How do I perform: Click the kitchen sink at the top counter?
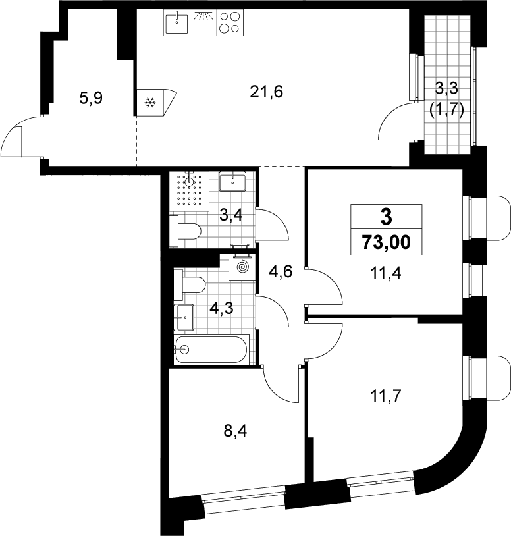click(176, 22)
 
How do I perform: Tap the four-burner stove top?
click(230, 22)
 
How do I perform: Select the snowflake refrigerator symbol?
click(149, 102)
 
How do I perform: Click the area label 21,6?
click(266, 92)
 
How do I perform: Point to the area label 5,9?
click(91, 99)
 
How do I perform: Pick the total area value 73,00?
click(387, 242)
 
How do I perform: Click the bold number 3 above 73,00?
click(387, 217)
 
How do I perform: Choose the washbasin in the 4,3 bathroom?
click(184, 317)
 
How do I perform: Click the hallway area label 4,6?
click(281, 273)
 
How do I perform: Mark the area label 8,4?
click(235, 431)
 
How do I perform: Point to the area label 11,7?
click(385, 396)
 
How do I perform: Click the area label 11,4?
click(386, 273)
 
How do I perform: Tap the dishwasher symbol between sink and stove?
click(203, 22)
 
